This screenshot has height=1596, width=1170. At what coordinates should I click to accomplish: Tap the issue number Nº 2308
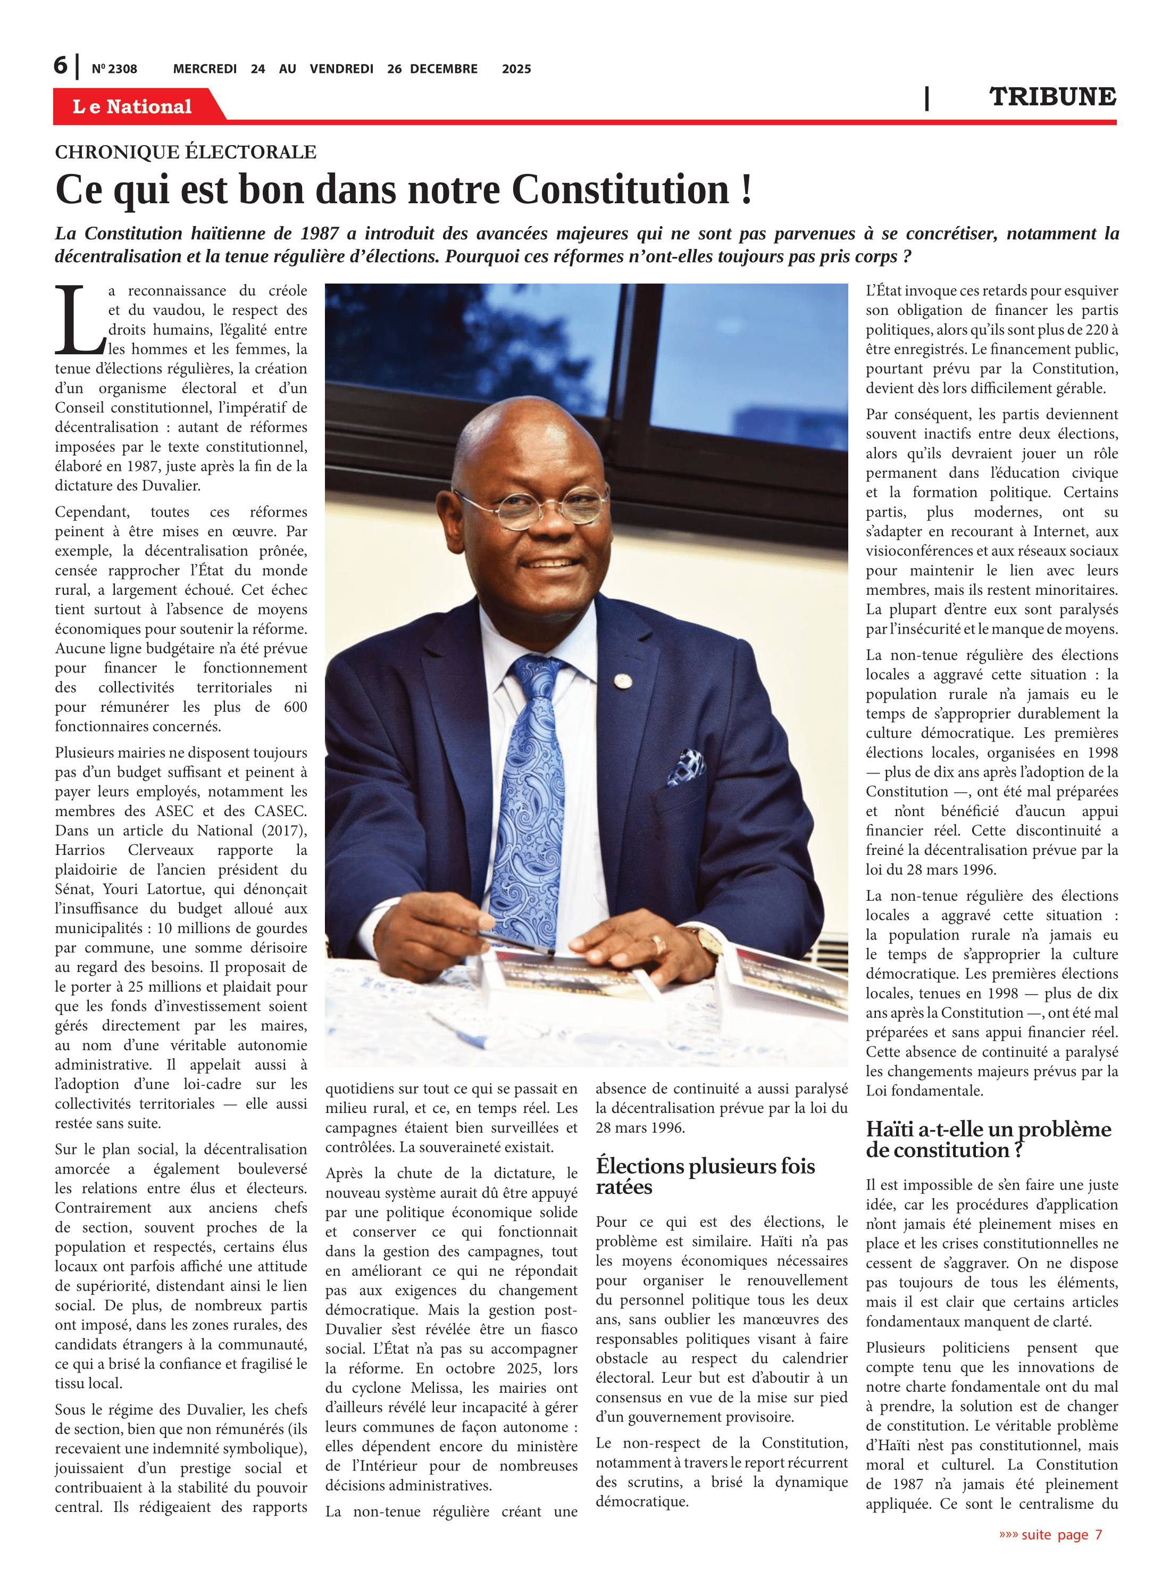coord(114,69)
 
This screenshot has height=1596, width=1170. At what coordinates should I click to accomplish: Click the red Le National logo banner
coord(132,106)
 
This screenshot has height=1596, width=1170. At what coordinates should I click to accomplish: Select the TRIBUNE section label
coord(1052,97)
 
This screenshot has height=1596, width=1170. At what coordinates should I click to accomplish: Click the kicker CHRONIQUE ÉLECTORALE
coord(186,152)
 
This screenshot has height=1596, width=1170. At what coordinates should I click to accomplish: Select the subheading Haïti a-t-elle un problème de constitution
coord(988,1139)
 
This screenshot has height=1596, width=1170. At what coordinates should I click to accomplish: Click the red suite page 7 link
coord(1050,1534)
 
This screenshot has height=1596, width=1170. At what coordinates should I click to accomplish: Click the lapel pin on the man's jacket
coord(623,681)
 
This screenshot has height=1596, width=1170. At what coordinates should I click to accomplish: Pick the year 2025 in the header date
coord(516,69)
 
